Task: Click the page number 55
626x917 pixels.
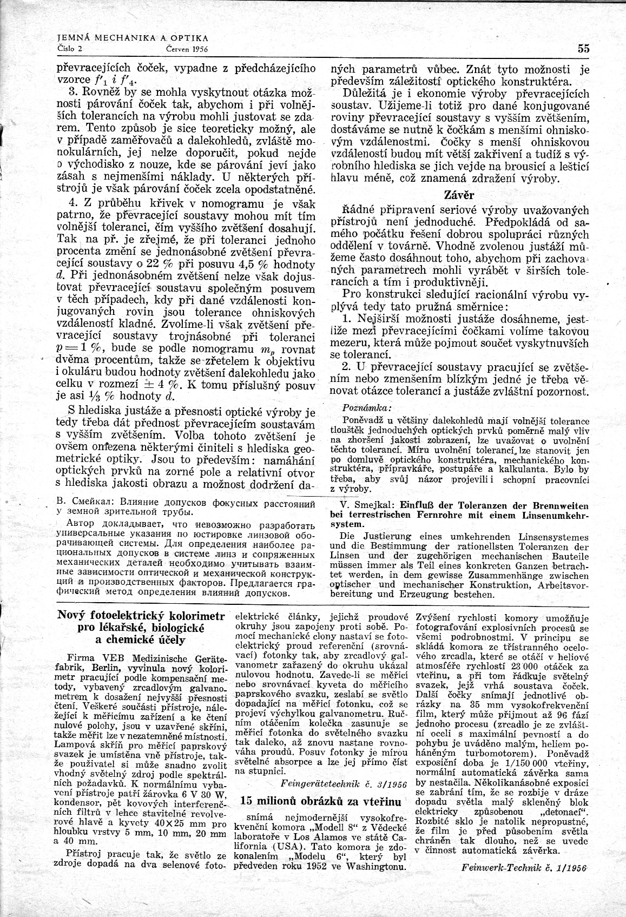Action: pyautogui.click(x=583, y=48)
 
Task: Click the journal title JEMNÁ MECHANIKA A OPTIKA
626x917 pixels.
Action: pyautogui.click(x=133, y=38)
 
